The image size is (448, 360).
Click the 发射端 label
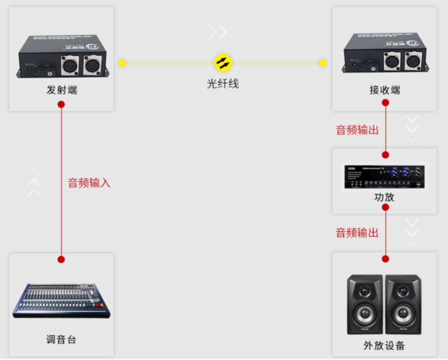[x=61, y=90]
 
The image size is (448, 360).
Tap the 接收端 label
[x=385, y=90]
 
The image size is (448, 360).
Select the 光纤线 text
[x=223, y=83]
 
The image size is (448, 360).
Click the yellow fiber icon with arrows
[x=223, y=63]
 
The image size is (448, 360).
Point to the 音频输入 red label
[x=89, y=183]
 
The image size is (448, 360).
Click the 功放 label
[x=385, y=197]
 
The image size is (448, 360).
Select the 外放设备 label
[x=385, y=345]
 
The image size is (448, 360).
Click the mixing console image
[x=61, y=301]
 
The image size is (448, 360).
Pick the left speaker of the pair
[x=365, y=304]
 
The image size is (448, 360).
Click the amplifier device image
[x=385, y=177]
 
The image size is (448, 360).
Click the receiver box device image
[x=385, y=55]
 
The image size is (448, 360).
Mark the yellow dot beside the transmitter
[x=122, y=63]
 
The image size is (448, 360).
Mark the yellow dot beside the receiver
[x=323, y=63]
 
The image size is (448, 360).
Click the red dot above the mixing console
[x=61, y=259]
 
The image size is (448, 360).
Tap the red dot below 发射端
[x=61, y=104]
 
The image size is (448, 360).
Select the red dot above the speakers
[x=386, y=259]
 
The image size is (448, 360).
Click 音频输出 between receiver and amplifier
[x=357, y=130]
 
